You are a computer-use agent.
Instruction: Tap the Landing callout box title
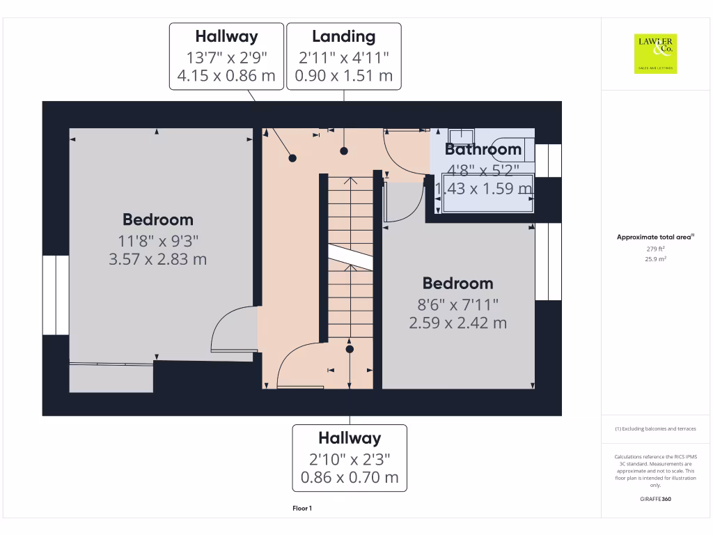(344, 37)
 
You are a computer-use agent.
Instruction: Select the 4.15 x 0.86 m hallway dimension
(226, 75)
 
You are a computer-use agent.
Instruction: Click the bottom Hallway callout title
(350, 438)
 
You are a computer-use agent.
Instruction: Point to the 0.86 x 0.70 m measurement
(350, 478)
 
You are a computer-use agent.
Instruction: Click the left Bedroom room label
(158, 220)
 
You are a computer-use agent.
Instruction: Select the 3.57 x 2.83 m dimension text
(158, 260)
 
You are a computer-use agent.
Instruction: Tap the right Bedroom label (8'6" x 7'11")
(458, 284)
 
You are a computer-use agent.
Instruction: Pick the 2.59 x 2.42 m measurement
(458, 323)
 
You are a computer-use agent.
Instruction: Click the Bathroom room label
(483, 149)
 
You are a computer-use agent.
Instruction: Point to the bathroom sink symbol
(460, 136)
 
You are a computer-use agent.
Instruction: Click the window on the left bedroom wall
(56, 295)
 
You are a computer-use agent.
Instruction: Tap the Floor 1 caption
(302, 509)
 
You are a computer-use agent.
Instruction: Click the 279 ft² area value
(655, 249)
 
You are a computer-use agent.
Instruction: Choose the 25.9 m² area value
(655, 259)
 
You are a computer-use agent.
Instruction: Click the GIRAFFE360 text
(655, 499)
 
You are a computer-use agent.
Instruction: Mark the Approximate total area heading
(655, 238)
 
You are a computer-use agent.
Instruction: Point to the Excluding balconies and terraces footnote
(655, 429)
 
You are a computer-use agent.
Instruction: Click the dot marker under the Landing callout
(344, 151)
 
